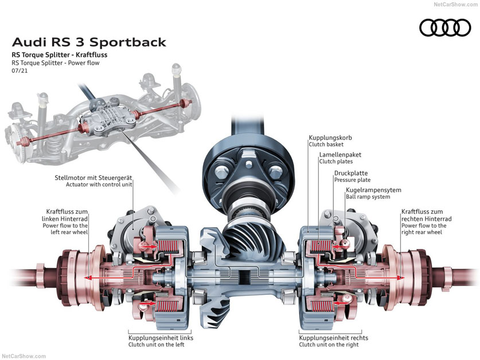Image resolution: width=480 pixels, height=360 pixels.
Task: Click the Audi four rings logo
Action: [444, 28]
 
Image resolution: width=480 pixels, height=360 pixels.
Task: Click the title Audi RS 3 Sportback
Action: [89, 42]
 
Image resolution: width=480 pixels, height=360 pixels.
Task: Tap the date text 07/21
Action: [20, 71]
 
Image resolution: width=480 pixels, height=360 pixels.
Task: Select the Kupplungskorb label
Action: [330, 138]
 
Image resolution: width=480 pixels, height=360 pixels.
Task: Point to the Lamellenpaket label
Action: [340, 155]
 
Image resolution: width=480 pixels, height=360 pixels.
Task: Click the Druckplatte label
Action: [351, 173]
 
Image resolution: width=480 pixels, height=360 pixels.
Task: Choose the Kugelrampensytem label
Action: [373, 190]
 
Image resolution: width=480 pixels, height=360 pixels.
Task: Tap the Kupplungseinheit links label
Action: [161, 338]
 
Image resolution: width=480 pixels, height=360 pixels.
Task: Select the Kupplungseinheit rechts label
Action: [333, 338]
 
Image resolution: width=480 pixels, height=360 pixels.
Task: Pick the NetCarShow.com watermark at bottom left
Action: [24, 356]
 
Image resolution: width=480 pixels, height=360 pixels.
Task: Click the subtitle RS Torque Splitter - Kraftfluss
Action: [59, 55]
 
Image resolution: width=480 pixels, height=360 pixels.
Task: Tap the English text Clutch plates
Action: [335, 162]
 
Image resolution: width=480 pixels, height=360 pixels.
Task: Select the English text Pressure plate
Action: [352, 180]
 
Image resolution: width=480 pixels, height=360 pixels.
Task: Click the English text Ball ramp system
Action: [368, 197]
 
